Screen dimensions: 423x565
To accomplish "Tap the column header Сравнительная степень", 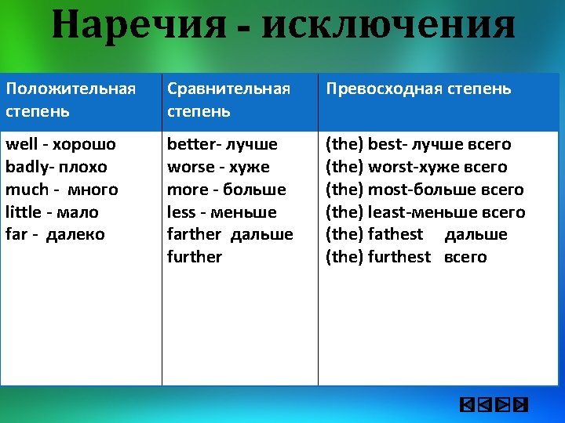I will pyautogui.click(x=228, y=99).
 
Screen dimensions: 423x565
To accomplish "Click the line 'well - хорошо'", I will pyautogui.click(x=60, y=144).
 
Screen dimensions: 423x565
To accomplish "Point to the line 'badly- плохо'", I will pyautogui.click(x=56, y=167).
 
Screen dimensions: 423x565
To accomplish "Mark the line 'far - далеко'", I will pyautogui.click(x=55, y=234).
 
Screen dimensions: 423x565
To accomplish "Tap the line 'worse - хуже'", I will pyautogui.click(x=218, y=167).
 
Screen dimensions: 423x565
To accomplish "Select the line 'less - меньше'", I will pyautogui.click(x=221, y=211).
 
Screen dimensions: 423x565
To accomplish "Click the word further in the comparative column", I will pyautogui.click(x=195, y=257).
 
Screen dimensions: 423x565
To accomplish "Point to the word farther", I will pyautogui.click(x=195, y=234).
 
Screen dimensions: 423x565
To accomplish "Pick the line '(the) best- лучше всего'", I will pyautogui.click(x=418, y=144).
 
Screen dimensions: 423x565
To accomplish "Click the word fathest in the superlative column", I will pyautogui.click(x=395, y=234).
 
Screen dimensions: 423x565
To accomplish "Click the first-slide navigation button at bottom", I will pyautogui.click(x=465, y=405).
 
